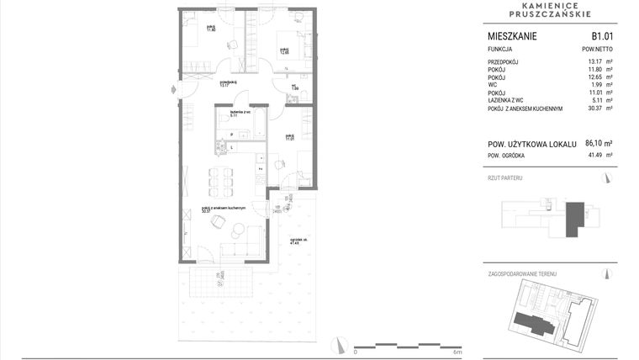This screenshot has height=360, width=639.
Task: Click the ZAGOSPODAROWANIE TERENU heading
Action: pyautogui.click(x=522, y=274)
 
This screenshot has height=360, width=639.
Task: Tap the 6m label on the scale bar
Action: pyautogui.click(x=457, y=352)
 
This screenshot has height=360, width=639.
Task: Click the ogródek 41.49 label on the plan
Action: pyautogui.click(x=295, y=241)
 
